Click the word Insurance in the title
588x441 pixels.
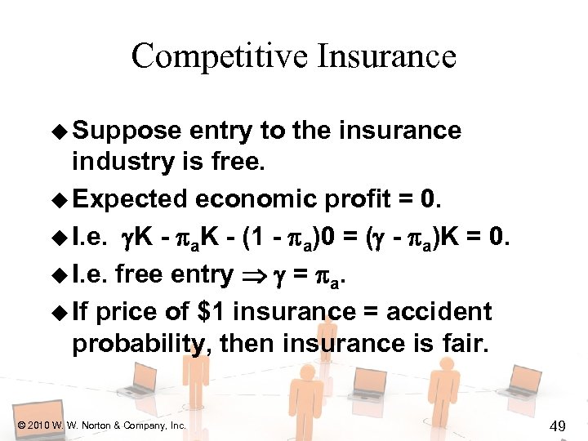tap(389, 56)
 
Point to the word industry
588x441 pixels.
tap(121, 162)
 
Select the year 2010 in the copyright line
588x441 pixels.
tap(37, 425)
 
